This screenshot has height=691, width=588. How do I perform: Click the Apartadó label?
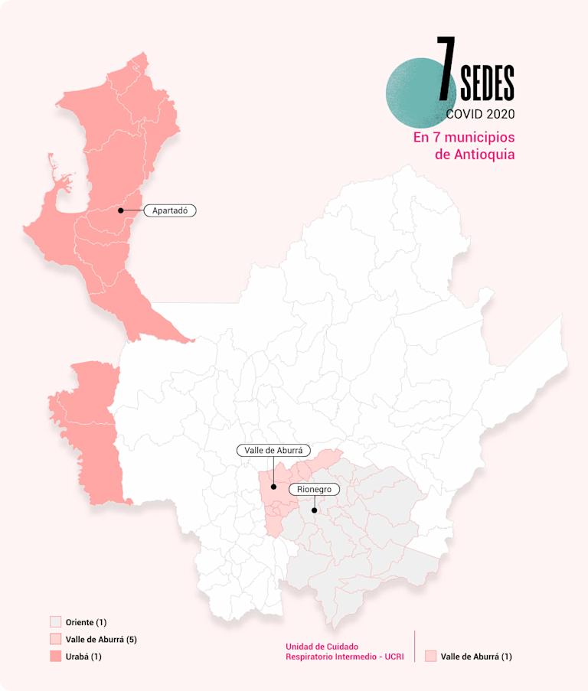coord(170,210)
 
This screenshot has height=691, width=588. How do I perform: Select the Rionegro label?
coord(312,489)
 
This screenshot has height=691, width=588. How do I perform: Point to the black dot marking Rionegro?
coord(314,510)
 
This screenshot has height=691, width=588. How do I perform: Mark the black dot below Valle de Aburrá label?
coord(273,486)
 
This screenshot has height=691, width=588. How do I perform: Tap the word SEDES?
coord(487,83)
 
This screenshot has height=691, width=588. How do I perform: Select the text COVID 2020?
coord(480,114)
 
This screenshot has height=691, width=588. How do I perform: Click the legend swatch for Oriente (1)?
coord(55,622)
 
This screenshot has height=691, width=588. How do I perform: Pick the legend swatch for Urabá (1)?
coord(55,657)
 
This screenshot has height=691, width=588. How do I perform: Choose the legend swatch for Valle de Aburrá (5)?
coord(55,639)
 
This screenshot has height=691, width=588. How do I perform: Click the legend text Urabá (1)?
coord(83,657)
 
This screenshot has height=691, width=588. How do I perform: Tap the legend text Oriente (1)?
coord(86,622)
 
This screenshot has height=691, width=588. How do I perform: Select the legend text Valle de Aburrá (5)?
coord(101,639)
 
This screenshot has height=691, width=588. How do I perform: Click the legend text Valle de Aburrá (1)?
coord(476,657)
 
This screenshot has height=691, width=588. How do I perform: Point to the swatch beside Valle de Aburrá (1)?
coord(430,656)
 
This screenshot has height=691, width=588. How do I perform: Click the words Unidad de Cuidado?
coord(322,647)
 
